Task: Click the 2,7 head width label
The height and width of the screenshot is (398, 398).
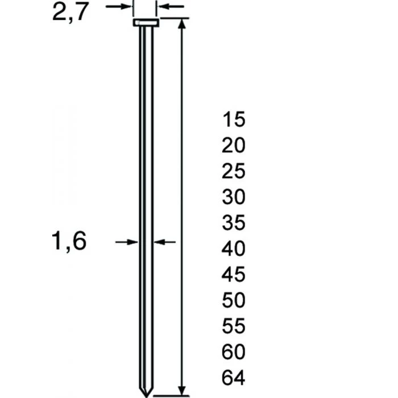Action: [x=71, y=12]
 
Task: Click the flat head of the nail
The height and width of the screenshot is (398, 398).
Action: [x=146, y=23]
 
